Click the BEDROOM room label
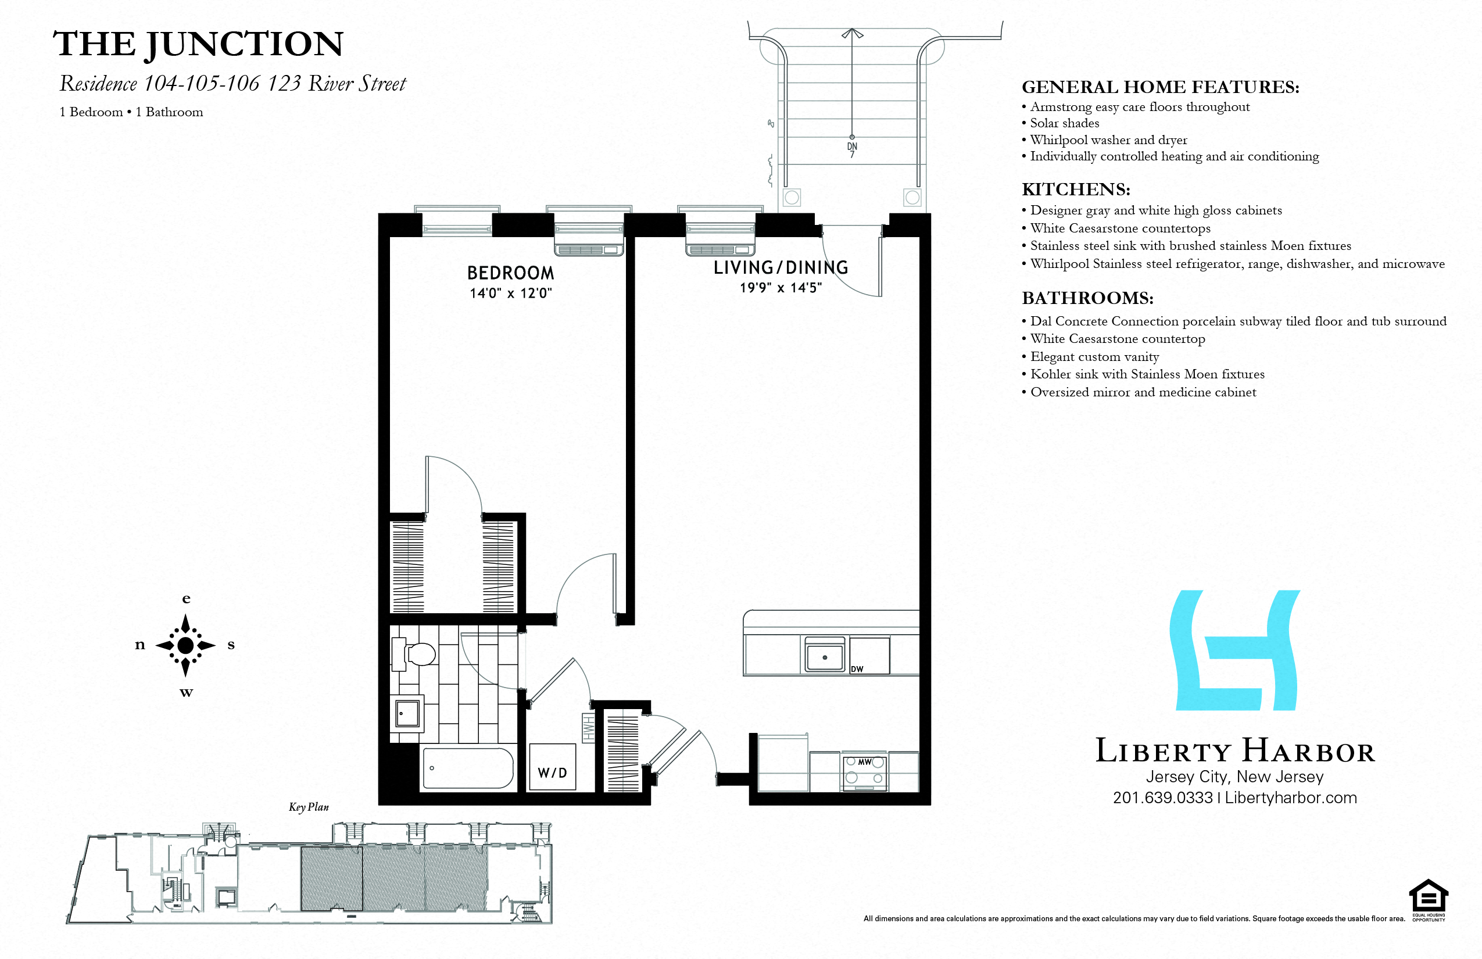click(510, 273)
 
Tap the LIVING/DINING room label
click(780, 268)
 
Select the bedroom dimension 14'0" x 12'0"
click(511, 293)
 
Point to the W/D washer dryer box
click(552, 768)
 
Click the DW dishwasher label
click(857, 669)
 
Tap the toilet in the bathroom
click(417, 654)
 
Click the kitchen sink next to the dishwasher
click(825, 656)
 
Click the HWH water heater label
click(588, 729)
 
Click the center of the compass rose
click(185, 645)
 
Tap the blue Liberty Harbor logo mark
click(1235, 650)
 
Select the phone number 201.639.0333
click(1162, 797)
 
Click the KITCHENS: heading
click(1075, 189)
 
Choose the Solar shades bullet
click(1064, 123)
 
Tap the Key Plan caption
click(308, 807)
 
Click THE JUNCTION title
click(198, 44)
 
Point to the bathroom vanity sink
click(407, 713)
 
